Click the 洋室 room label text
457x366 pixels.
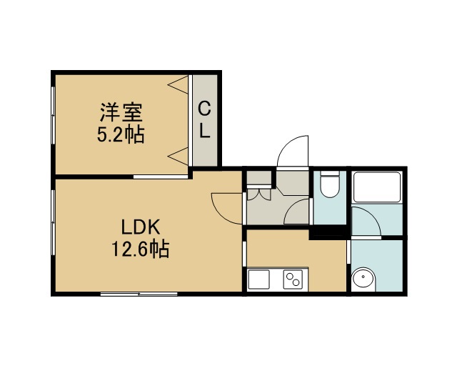(x=121, y=112)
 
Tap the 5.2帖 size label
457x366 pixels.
(x=121, y=134)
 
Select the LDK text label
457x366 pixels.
(x=141, y=227)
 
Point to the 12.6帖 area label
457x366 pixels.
(x=141, y=249)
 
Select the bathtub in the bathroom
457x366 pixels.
(x=377, y=187)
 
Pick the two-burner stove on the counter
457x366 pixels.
(x=293, y=280)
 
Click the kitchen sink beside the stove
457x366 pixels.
(x=258, y=280)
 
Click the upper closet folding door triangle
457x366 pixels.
(x=178, y=84)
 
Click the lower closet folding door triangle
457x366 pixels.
(x=178, y=157)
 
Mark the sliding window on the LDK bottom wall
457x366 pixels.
(x=139, y=294)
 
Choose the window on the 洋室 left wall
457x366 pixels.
(x=53, y=115)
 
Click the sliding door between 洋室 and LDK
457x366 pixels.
(x=161, y=177)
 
